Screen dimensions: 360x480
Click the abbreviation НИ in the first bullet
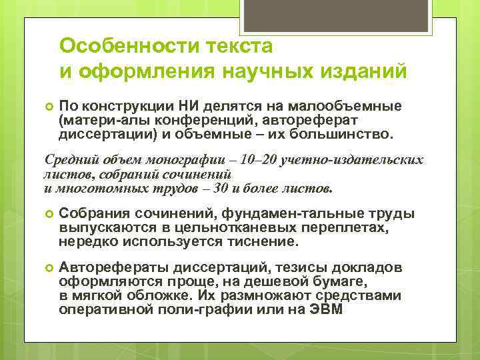[189, 106]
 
